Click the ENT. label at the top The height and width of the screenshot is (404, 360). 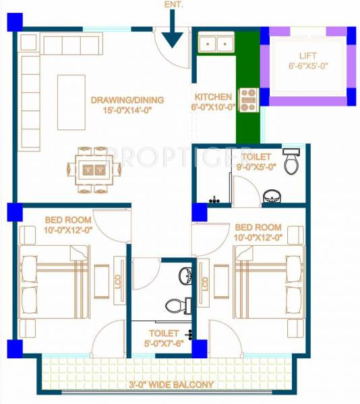click(173, 5)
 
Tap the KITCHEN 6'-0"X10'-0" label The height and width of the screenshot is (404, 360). click(214, 102)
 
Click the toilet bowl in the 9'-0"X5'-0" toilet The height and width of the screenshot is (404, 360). click(291, 162)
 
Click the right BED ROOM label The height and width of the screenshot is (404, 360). click(258, 232)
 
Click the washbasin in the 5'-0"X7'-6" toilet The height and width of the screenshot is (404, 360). click(185, 274)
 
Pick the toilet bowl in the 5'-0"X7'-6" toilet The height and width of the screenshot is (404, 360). click(177, 305)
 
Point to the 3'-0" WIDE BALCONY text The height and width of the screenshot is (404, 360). click(171, 385)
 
